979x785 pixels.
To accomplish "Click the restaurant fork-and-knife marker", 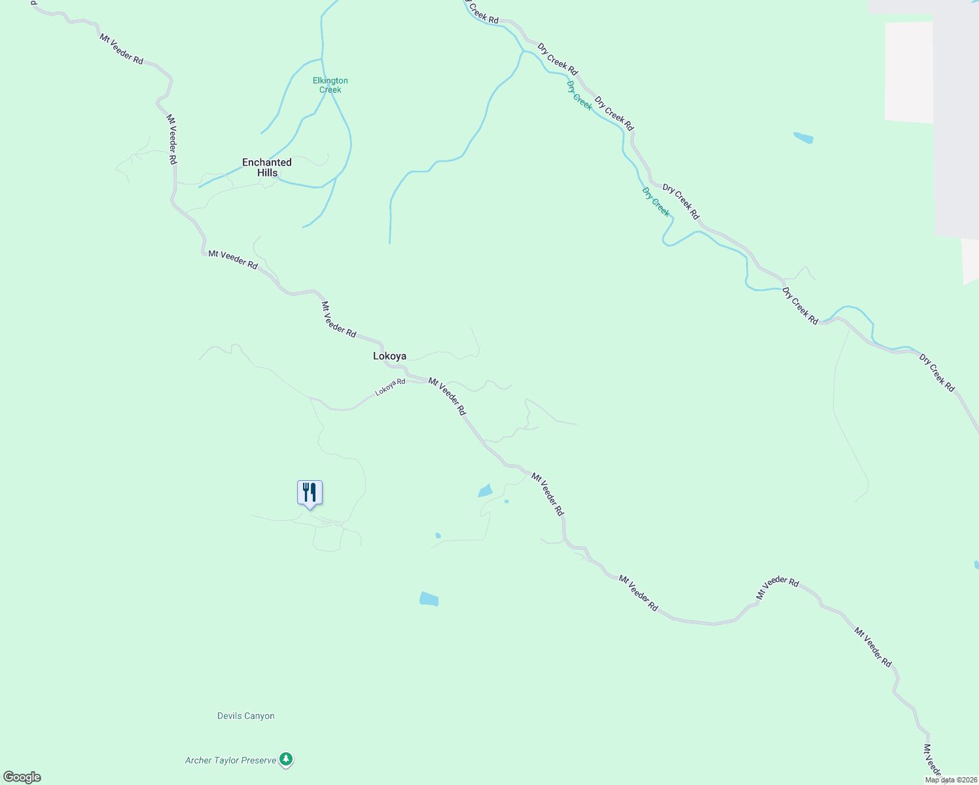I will click(x=310, y=493).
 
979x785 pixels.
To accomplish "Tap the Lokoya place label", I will click(x=389, y=356).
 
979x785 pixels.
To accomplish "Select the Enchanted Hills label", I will click(x=267, y=167).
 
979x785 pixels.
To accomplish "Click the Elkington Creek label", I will click(x=330, y=85).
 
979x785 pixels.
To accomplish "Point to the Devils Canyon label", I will click(x=246, y=716).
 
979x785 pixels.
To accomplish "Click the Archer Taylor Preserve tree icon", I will click(x=285, y=759).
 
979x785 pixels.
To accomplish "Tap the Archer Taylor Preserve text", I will click(x=230, y=760).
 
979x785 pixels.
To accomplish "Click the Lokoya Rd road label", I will click(x=390, y=387).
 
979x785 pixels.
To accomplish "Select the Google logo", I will click(x=22, y=777).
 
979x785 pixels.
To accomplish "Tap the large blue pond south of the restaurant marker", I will click(x=429, y=599).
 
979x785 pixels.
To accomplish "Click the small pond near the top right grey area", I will click(x=803, y=138).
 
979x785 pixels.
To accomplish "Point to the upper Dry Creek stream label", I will click(x=579, y=96).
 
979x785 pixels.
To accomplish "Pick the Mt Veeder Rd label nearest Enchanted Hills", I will click(x=171, y=139).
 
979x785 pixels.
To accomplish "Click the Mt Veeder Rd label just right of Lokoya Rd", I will click(x=448, y=396).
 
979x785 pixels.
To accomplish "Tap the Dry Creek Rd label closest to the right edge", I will click(x=937, y=373).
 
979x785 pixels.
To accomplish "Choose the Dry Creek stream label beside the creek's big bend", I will click(x=656, y=201).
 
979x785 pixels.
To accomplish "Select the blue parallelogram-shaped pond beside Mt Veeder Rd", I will click(x=485, y=491).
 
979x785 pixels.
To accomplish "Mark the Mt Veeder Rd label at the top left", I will click(x=121, y=49).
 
